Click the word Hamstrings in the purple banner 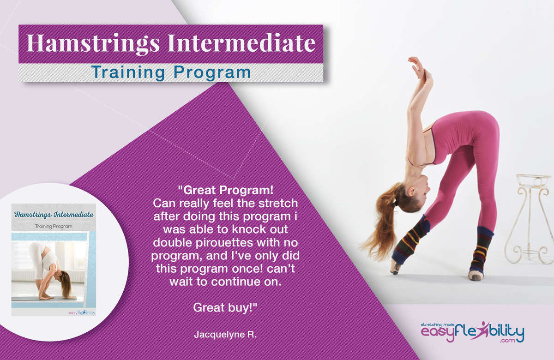[x=93, y=44]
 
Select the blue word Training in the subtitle [x=128, y=73]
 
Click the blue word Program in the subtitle [x=212, y=73]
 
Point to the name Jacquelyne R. [x=225, y=335]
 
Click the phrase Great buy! [x=225, y=308]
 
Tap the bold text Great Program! [x=226, y=190]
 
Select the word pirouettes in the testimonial [x=224, y=243]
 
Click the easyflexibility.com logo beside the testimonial [x=472, y=332]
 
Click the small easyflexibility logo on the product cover [x=82, y=312]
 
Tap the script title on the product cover [x=54, y=214]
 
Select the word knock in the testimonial [x=249, y=229]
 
